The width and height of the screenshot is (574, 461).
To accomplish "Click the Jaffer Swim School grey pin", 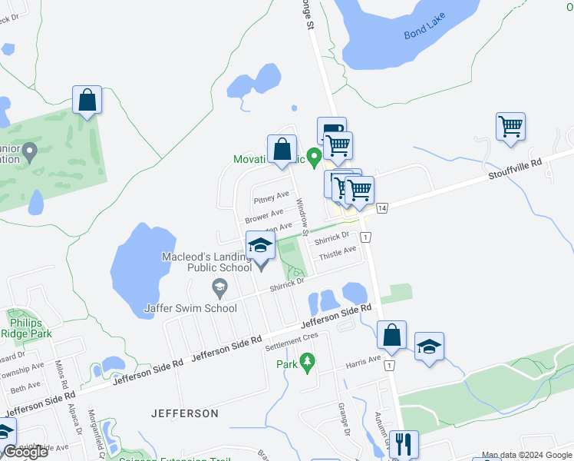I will pyautogui.click(x=219, y=287).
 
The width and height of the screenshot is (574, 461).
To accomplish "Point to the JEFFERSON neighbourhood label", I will pyautogui.click(x=186, y=413).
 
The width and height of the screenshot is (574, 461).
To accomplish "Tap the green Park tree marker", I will pyautogui.click(x=307, y=360).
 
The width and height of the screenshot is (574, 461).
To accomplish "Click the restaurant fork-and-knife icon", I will pyautogui.click(x=404, y=443).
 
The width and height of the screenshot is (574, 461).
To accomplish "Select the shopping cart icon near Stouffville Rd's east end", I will pyautogui.click(x=510, y=125).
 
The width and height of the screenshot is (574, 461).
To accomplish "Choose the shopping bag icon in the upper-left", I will pyautogui.click(x=87, y=100).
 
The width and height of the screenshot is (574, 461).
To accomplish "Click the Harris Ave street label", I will pyautogui.click(x=363, y=360).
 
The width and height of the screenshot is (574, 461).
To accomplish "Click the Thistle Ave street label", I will pyautogui.click(x=338, y=252).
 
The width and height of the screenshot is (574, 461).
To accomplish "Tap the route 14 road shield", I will pyautogui.click(x=382, y=207).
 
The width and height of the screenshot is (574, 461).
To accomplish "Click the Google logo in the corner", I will pyautogui.click(x=25, y=452).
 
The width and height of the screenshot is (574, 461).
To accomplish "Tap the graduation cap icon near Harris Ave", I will pyautogui.click(x=429, y=347).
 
